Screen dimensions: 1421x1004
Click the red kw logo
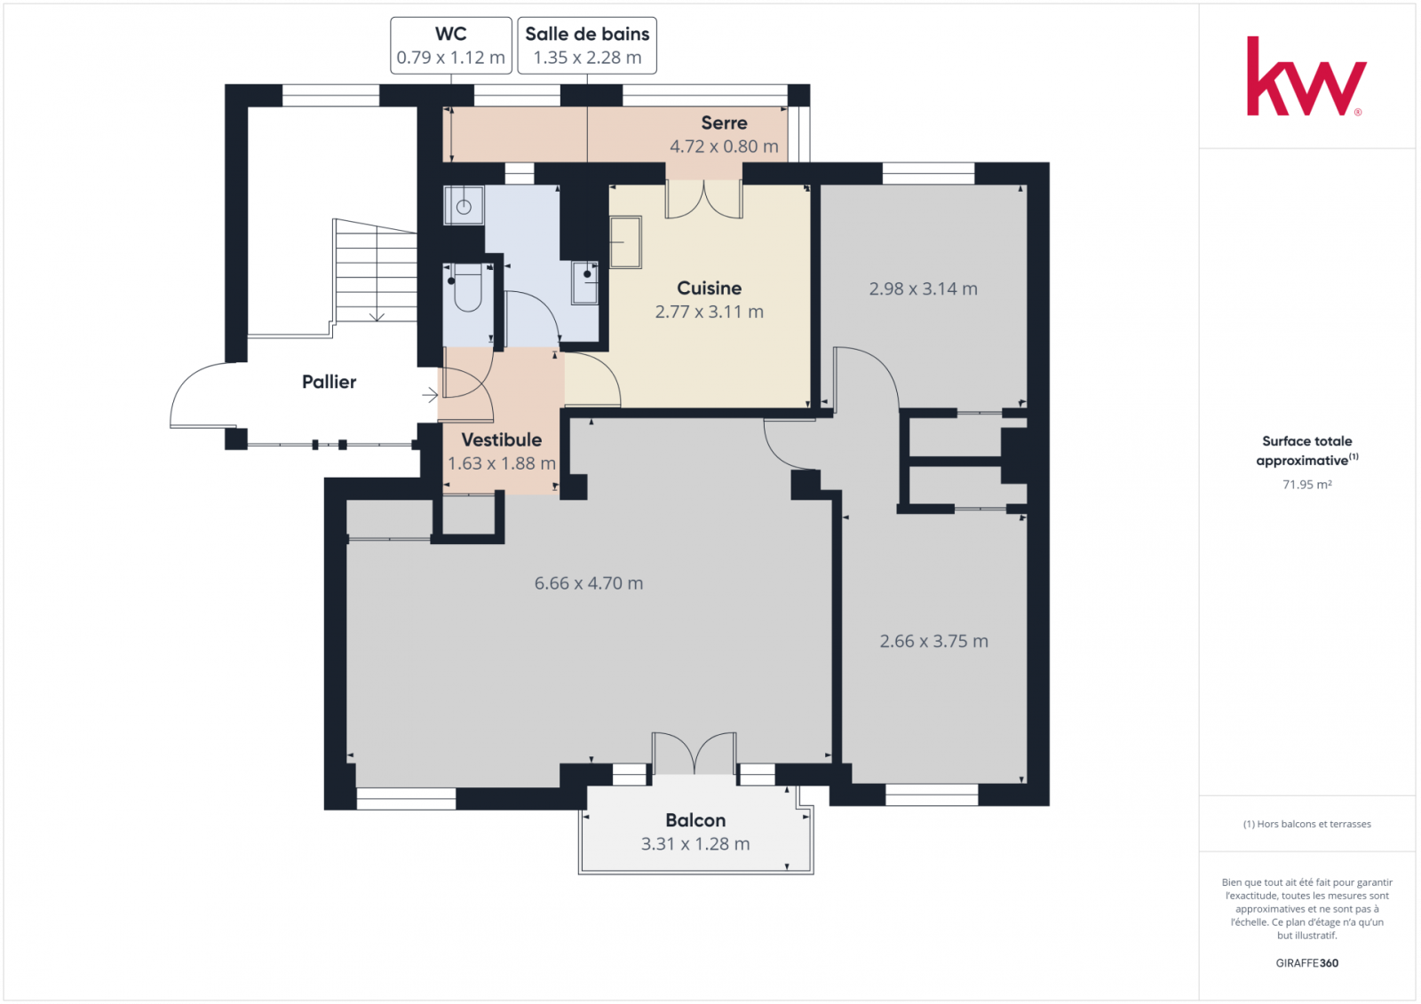pyautogui.click(x=1306, y=76)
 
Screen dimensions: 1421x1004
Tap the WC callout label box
pyautogui.click(x=450, y=45)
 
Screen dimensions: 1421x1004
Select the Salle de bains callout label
pyautogui.click(x=587, y=45)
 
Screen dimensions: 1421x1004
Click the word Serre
pyautogui.click(x=724, y=123)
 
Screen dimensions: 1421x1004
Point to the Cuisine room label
pyautogui.click(x=710, y=288)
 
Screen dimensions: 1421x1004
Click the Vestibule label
pyautogui.click(x=501, y=439)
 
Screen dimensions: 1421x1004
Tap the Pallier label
pyautogui.click(x=329, y=382)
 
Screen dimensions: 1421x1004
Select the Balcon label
pyautogui.click(x=695, y=820)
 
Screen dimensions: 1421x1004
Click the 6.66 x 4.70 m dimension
pyautogui.click(x=589, y=583)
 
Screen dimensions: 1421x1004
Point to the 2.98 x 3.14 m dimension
pyautogui.click(x=923, y=289)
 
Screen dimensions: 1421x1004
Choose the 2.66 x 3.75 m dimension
pyautogui.click(x=933, y=641)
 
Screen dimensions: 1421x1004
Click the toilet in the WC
pyautogui.click(x=467, y=289)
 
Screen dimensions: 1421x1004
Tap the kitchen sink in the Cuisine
pyautogui.click(x=625, y=242)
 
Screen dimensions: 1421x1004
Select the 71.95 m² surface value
pyautogui.click(x=1306, y=485)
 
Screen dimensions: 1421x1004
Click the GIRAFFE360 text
pyautogui.click(x=1306, y=963)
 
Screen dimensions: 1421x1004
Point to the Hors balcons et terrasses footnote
pyautogui.click(x=1306, y=824)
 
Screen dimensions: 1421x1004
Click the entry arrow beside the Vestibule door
pyautogui.click(x=430, y=395)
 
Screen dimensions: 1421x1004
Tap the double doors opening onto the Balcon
pyautogui.click(x=695, y=754)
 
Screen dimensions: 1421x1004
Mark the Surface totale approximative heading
pyautogui.click(x=1306, y=450)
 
